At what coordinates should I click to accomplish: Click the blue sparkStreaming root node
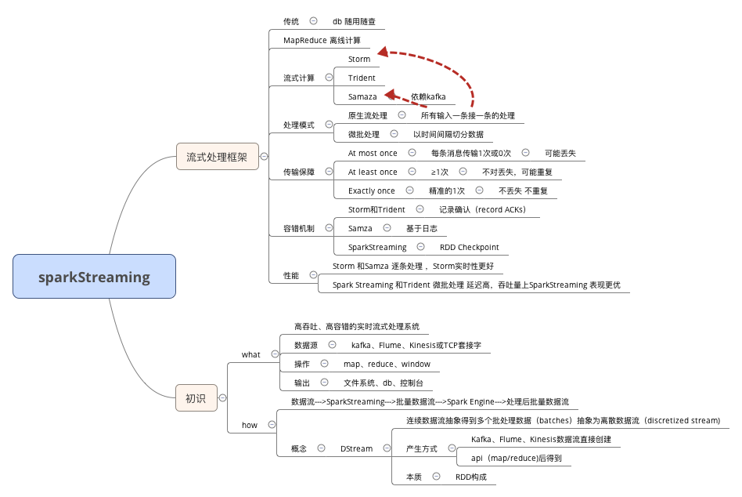(95, 276)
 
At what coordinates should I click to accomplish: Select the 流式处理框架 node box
(217, 157)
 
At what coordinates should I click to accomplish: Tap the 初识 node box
(196, 397)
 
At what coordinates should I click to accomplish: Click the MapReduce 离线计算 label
(322, 40)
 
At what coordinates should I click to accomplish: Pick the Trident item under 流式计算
(362, 78)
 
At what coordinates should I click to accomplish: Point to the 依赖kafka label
(428, 96)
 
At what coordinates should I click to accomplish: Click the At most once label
(373, 153)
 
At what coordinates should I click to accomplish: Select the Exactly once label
(372, 190)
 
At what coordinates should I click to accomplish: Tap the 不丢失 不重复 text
(523, 190)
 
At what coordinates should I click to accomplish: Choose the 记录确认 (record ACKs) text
(482, 209)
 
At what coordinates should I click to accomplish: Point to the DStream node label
(356, 448)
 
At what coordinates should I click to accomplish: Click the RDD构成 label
(470, 476)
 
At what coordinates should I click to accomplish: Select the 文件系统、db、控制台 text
(384, 383)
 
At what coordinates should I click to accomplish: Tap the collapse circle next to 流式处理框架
(264, 157)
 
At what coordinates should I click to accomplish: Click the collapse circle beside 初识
(223, 397)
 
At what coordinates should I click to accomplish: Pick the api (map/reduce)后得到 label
(517, 458)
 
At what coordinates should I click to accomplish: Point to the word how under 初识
(249, 425)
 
